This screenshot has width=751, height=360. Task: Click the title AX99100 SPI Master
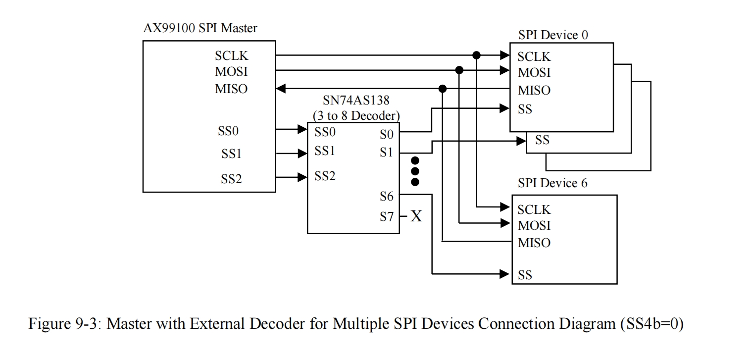(x=200, y=28)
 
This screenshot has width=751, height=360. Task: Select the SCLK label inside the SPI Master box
(x=231, y=56)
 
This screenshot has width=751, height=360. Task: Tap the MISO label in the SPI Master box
(x=231, y=89)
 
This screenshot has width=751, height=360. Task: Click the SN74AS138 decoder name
(x=356, y=101)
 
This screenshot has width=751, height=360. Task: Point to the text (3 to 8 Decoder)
(x=356, y=115)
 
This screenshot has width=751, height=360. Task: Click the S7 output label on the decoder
(x=387, y=216)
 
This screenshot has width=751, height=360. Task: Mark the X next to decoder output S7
(x=416, y=216)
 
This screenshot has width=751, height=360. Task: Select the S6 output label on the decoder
(x=387, y=197)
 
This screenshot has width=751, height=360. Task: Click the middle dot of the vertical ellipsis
(x=415, y=171)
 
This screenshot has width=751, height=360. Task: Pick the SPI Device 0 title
(x=553, y=35)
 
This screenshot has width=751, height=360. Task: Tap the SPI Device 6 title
(x=552, y=183)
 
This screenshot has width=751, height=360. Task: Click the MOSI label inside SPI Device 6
(x=534, y=226)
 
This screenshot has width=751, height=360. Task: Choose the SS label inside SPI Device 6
(x=525, y=275)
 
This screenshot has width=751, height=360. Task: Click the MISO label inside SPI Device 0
(x=534, y=91)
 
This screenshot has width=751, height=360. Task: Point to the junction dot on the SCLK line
(x=477, y=54)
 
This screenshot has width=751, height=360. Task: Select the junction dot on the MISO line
(x=443, y=89)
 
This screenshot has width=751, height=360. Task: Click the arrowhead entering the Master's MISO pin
(x=281, y=89)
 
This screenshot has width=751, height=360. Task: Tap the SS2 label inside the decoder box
(x=325, y=176)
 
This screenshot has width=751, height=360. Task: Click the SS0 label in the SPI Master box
(x=228, y=131)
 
